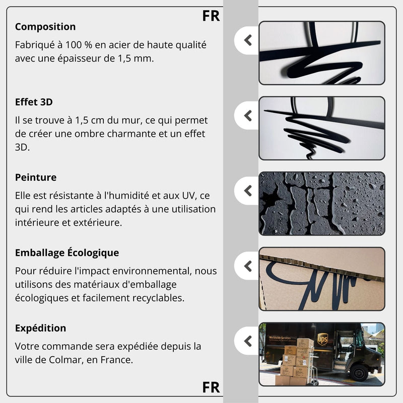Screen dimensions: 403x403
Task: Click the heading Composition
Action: pyautogui.click(x=45, y=27)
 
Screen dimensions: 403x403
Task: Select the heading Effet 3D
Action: pyautogui.click(x=34, y=102)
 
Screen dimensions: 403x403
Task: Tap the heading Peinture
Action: pyautogui.click(x=36, y=177)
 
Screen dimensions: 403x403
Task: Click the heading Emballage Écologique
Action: pyautogui.click(x=67, y=252)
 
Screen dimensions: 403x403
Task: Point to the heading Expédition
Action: pyautogui.click(x=40, y=328)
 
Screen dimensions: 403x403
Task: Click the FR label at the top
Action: pyautogui.click(x=211, y=16)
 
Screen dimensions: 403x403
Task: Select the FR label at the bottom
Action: pyautogui.click(x=211, y=387)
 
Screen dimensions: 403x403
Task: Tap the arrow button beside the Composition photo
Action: pyautogui.click(x=247, y=40)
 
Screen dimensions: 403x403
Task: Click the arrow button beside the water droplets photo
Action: pyautogui.click(x=247, y=191)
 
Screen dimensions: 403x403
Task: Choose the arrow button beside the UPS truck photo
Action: pyautogui.click(x=247, y=341)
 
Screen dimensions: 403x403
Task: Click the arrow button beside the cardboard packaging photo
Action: pyautogui.click(x=247, y=266)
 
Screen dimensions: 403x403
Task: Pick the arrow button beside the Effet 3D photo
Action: pyautogui.click(x=247, y=115)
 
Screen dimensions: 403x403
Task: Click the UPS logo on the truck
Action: pyautogui.click(x=322, y=339)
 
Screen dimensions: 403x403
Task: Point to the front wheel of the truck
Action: pyautogui.click(x=360, y=372)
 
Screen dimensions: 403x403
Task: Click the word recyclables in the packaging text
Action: pyautogui.click(x=158, y=298)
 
